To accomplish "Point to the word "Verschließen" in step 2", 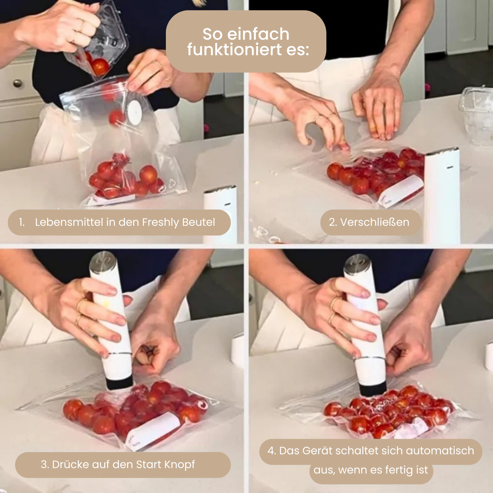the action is point(375,222).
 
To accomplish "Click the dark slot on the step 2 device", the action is point(450,167).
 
